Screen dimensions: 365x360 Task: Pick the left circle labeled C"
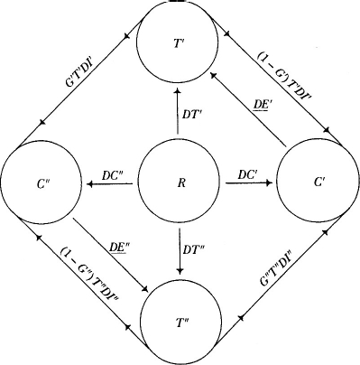[x=41, y=184]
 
